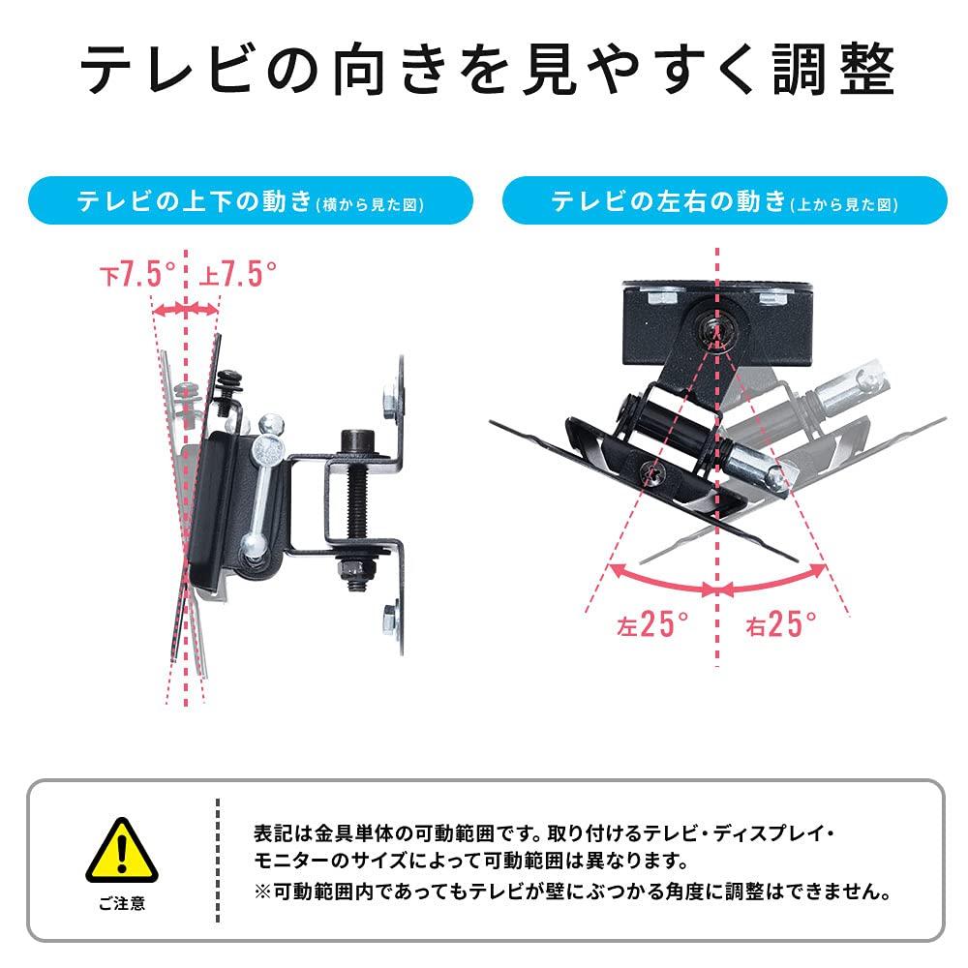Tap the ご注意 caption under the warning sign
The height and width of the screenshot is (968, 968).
(122, 904)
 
